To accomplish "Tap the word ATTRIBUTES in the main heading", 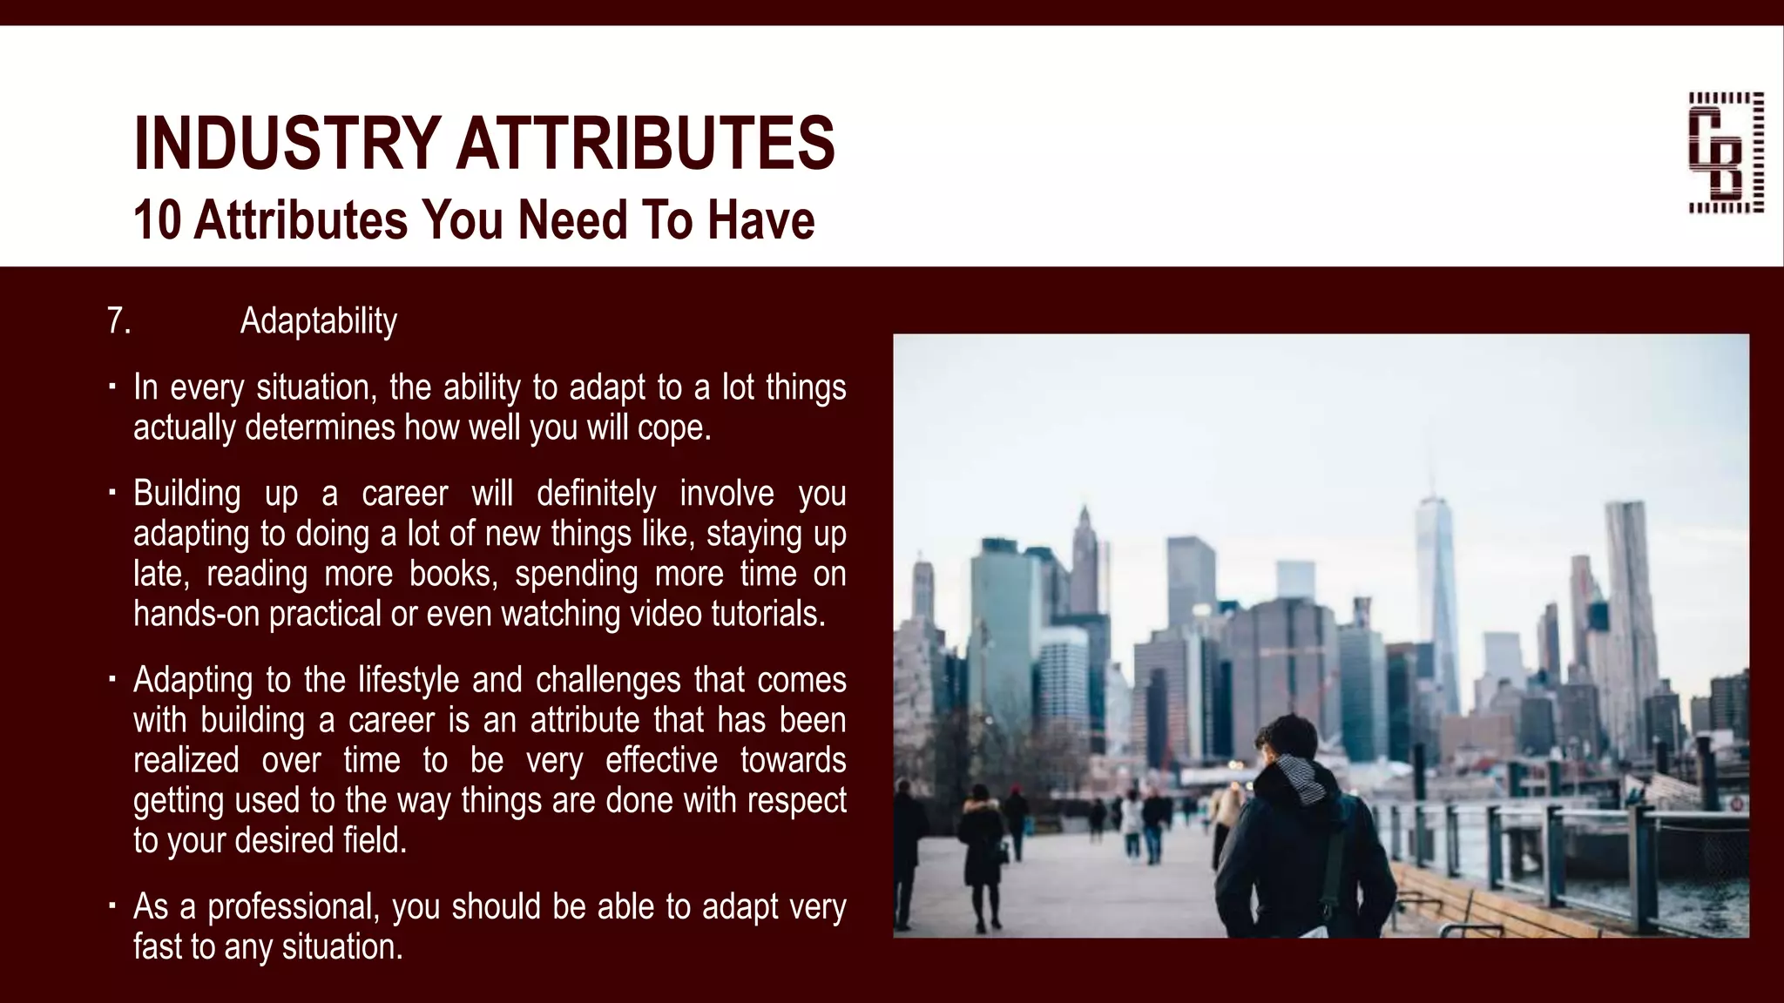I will pyautogui.click(x=645, y=143).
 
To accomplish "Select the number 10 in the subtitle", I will pyautogui.click(x=158, y=219).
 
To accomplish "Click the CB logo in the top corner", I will pyautogui.click(x=1726, y=152).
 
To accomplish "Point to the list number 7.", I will pyautogui.click(x=118, y=320).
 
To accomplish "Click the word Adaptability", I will pyautogui.click(x=318, y=320).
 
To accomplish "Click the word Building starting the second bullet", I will pyautogui.click(x=187, y=494).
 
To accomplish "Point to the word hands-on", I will pyautogui.click(x=196, y=614).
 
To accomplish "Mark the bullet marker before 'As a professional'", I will pyautogui.click(x=112, y=905).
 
